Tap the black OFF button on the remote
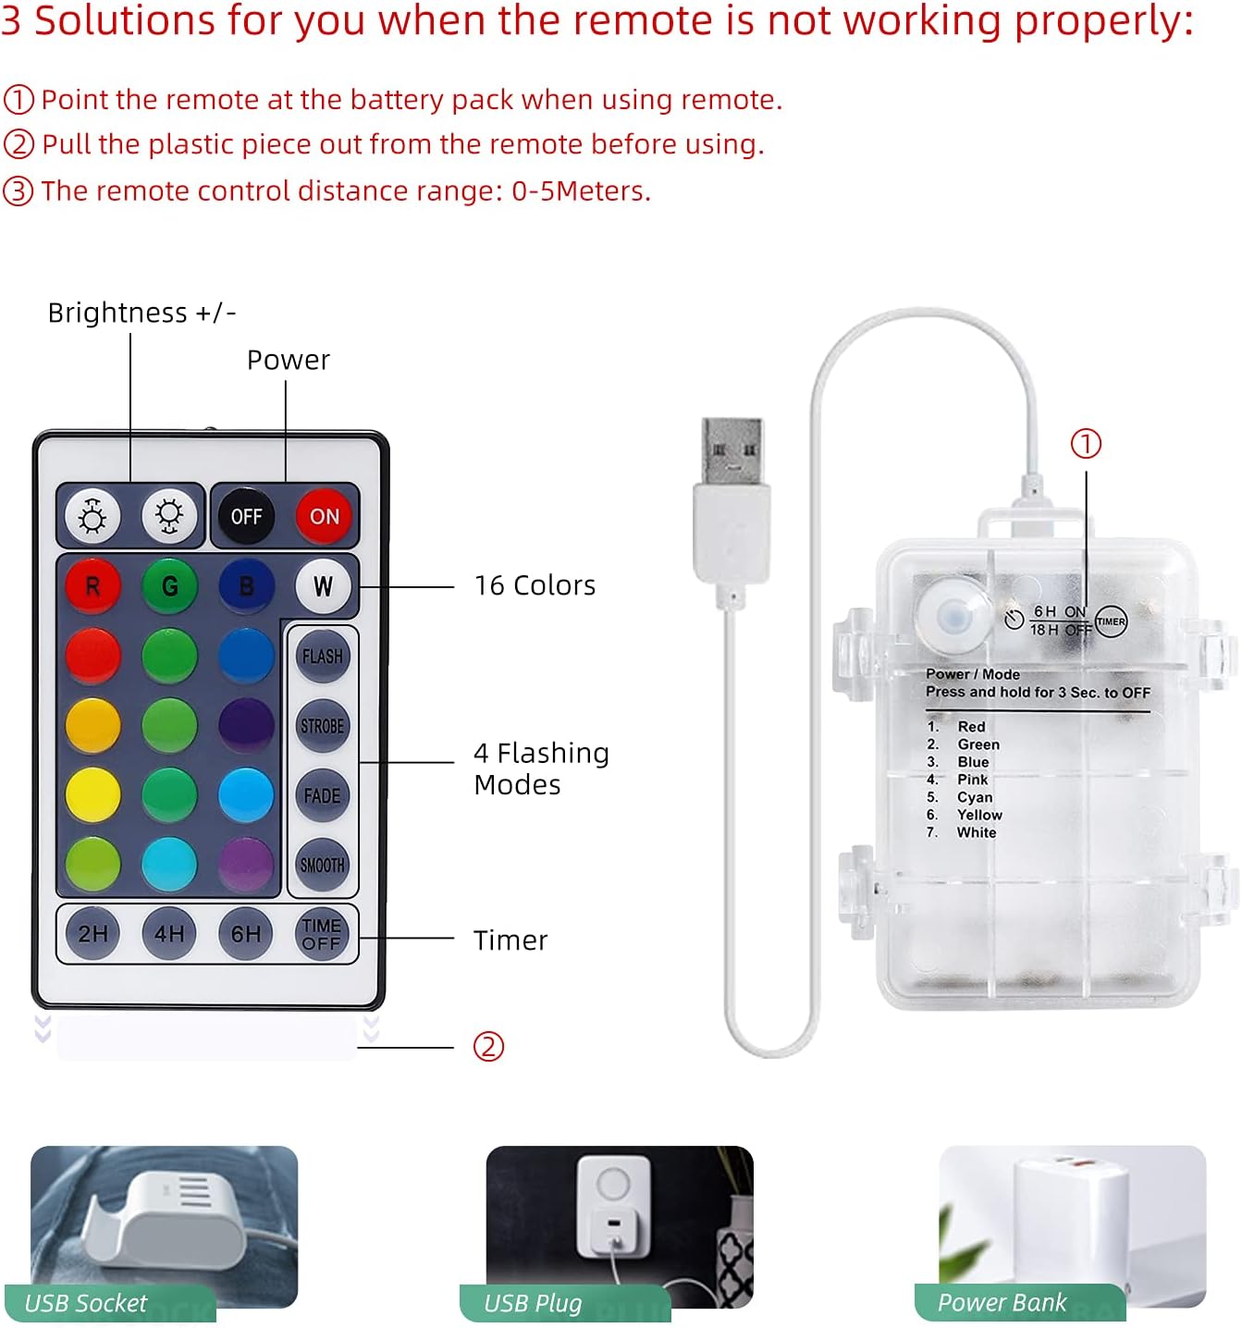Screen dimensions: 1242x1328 246,515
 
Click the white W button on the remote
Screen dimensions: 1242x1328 323,586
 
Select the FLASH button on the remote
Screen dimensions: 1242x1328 323,656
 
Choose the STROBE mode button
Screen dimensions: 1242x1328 323,726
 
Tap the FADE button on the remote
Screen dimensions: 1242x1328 323,795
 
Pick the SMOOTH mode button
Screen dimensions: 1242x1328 323,865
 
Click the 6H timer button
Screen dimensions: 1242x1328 245,933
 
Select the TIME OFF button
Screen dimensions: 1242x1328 322,933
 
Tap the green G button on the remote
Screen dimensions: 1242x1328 170,586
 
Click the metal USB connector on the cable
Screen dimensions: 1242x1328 732,450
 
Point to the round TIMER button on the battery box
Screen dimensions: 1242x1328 1111,621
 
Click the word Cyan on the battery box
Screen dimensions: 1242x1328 975,797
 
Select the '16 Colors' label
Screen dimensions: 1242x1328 535,585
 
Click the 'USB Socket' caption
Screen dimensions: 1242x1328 86,1303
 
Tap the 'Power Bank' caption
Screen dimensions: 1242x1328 1002,1302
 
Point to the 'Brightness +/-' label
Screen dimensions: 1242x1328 141,313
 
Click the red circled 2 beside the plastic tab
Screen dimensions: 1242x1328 488,1047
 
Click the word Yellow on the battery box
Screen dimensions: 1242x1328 979,815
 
